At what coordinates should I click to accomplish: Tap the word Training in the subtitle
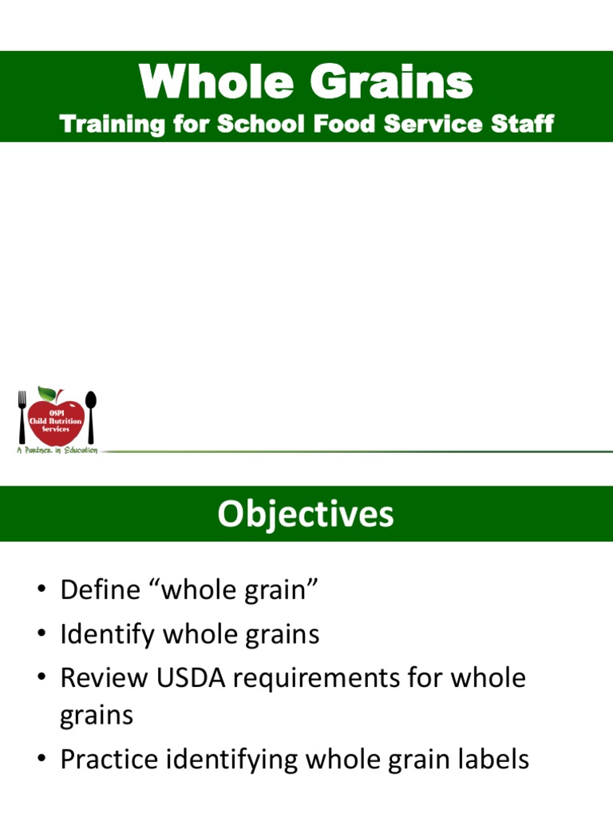(109, 125)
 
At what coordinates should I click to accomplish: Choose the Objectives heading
(306, 514)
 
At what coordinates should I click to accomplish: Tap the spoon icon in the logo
(90, 415)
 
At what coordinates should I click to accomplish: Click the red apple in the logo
(57, 419)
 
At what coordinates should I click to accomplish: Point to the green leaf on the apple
(49, 393)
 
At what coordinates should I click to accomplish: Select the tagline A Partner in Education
(57, 451)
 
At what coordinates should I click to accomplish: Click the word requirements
(342, 679)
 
